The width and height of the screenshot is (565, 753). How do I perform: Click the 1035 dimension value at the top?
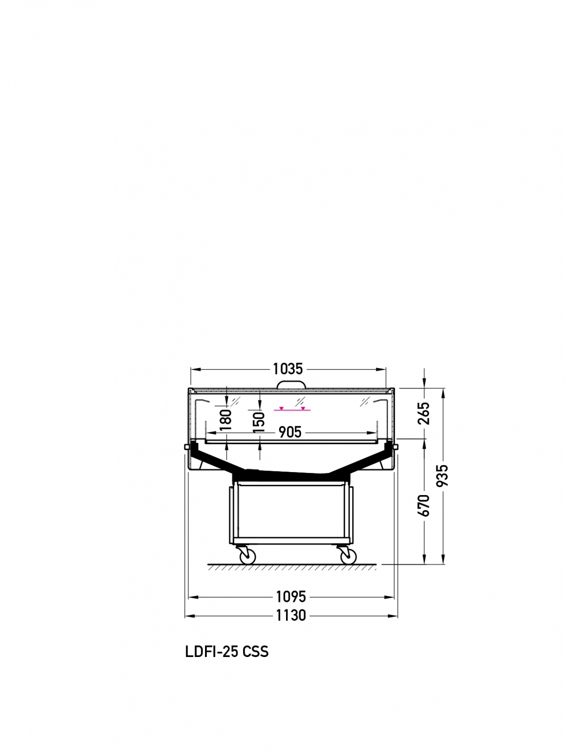pyautogui.click(x=288, y=369)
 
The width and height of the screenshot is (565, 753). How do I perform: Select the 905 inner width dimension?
pyautogui.click(x=290, y=432)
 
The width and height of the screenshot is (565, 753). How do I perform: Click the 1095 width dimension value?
pyautogui.click(x=291, y=597)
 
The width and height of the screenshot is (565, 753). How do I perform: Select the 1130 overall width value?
pyautogui.click(x=291, y=616)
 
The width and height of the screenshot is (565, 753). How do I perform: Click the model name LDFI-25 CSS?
pyautogui.click(x=227, y=652)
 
